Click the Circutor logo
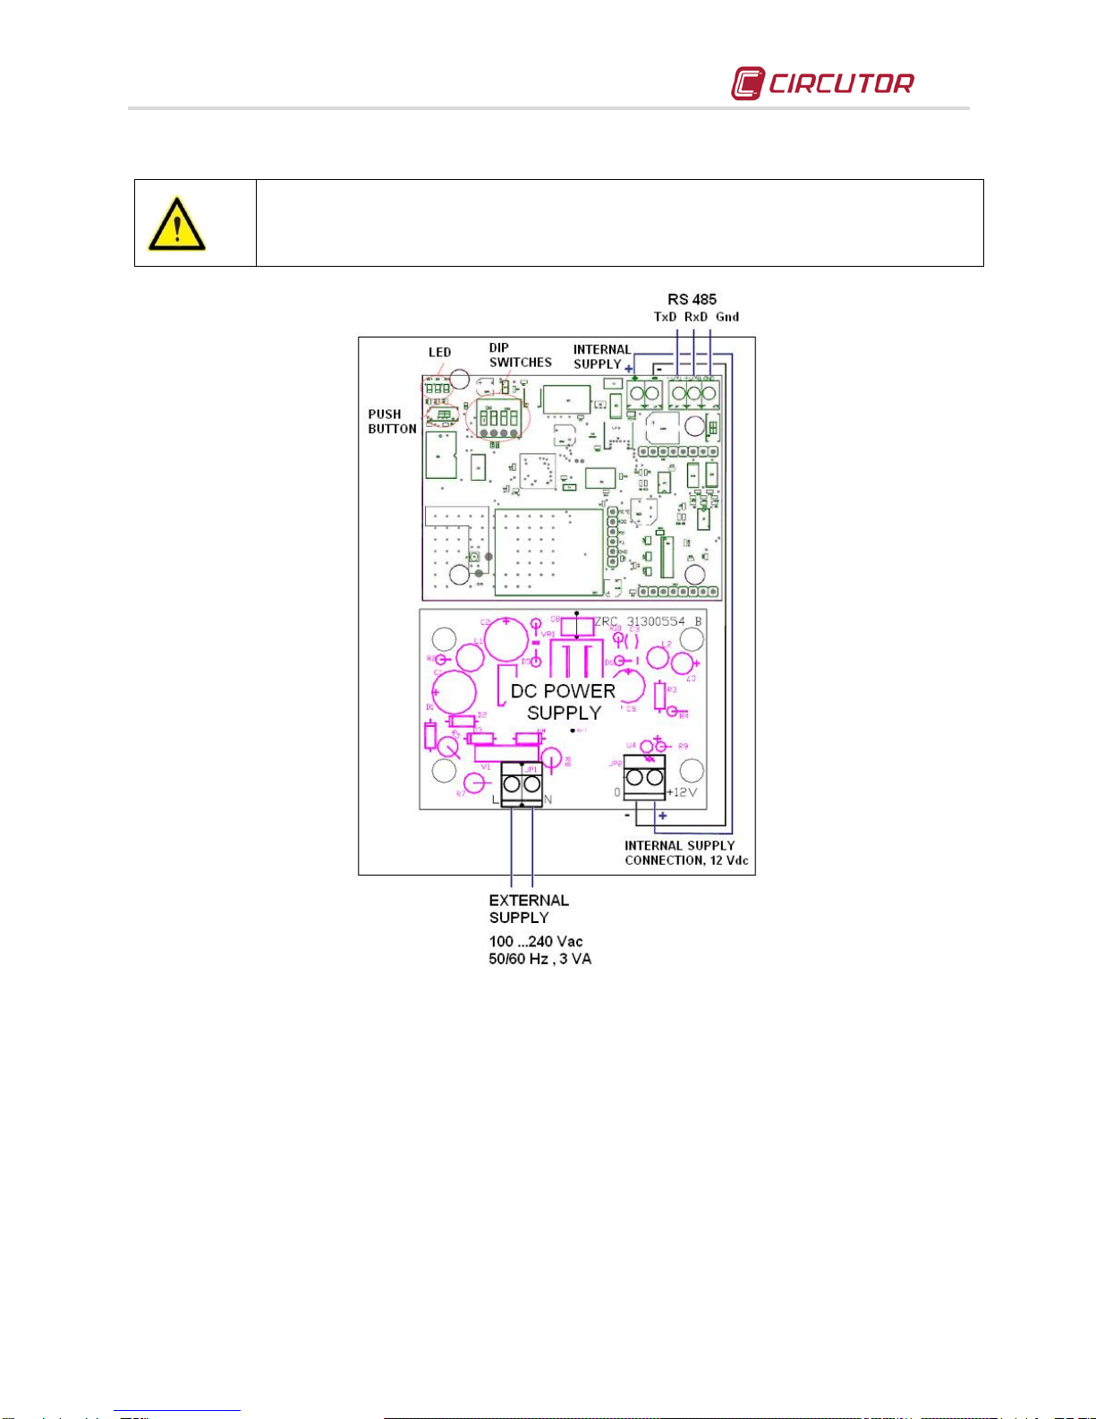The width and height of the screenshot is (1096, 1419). click(822, 83)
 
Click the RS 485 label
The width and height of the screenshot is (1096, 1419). click(692, 299)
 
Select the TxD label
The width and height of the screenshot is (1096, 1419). click(666, 317)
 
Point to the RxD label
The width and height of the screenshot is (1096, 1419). click(696, 317)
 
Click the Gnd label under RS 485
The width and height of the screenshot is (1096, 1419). click(727, 317)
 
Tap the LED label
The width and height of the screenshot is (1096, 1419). click(439, 352)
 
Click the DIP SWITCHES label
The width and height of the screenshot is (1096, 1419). click(520, 355)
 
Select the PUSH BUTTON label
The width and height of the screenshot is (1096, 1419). click(392, 422)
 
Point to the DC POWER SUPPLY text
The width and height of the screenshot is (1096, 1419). click(564, 702)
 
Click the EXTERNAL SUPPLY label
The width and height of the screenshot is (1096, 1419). click(529, 909)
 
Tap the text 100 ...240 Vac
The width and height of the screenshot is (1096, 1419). click(535, 941)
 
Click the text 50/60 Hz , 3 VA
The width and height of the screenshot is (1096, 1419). click(540, 959)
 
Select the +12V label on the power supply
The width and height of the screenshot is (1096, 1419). click(682, 792)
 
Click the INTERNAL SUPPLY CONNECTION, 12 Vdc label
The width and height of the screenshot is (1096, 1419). click(686, 852)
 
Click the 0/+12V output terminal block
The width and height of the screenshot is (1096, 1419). click(645, 777)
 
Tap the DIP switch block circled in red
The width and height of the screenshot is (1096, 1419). click(497, 419)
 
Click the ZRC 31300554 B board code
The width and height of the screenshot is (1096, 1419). click(648, 621)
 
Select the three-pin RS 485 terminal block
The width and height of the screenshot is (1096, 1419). click(694, 394)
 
